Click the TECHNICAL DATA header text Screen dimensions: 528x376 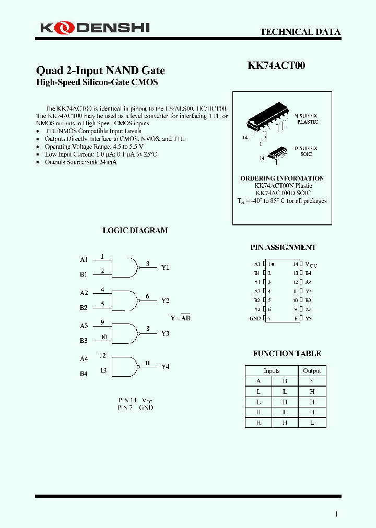[x=300, y=32]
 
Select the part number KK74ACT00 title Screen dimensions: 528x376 [x=276, y=66]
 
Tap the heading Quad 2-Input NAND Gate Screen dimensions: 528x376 [x=100, y=70]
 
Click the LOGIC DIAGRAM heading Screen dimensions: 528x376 [x=135, y=230]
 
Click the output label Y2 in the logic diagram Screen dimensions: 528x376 [x=165, y=301]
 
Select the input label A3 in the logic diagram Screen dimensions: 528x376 [x=84, y=326]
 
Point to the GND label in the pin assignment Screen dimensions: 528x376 [x=255, y=318]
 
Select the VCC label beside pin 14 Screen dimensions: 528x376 [x=311, y=265]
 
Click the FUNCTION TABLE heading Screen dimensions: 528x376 [x=287, y=353]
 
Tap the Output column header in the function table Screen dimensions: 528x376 [x=312, y=371]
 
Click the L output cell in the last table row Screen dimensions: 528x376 [x=312, y=423]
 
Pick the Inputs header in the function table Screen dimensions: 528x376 [x=272, y=371]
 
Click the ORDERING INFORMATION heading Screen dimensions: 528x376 [x=282, y=178]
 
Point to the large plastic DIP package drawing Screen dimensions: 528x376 [x=268, y=119]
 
